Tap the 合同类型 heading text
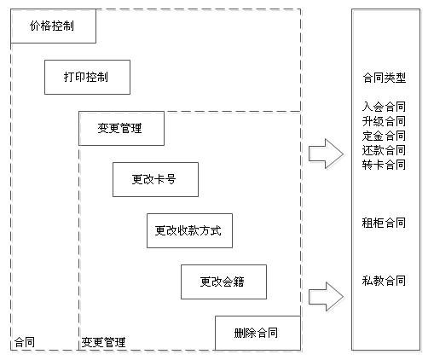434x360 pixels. [385, 78]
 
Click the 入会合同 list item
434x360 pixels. [384, 107]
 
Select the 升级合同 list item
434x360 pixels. [384, 121]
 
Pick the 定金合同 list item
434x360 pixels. [384, 136]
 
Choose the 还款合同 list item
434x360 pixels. [384, 150]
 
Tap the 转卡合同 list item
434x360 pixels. [384, 165]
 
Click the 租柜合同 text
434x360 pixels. [384, 223]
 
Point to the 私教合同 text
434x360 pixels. [384, 281]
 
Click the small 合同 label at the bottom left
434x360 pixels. [25, 342]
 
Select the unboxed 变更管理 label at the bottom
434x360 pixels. [103, 342]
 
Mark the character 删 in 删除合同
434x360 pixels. [240, 333]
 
